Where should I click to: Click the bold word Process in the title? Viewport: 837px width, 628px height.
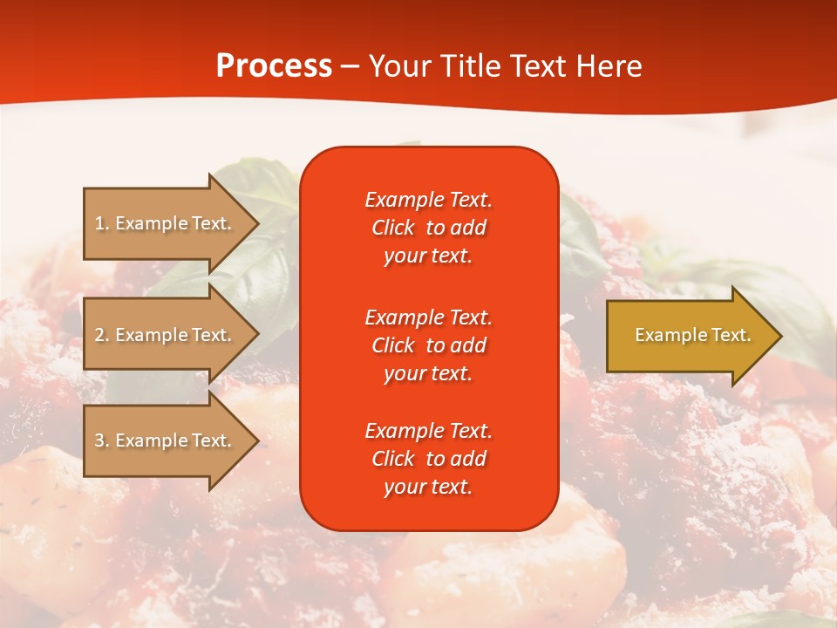click(x=274, y=66)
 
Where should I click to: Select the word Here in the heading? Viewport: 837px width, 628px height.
click(x=609, y=66)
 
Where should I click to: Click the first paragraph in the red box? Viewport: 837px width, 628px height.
click(x=428, y=228)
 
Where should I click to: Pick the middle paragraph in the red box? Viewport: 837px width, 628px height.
click(x=428, y=345)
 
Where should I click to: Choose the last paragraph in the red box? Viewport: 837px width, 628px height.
click(x=428, y=459)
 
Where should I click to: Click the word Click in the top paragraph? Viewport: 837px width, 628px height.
click(x=393, y=228)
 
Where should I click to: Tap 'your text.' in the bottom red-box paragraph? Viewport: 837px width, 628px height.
click(x=428, y=487)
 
